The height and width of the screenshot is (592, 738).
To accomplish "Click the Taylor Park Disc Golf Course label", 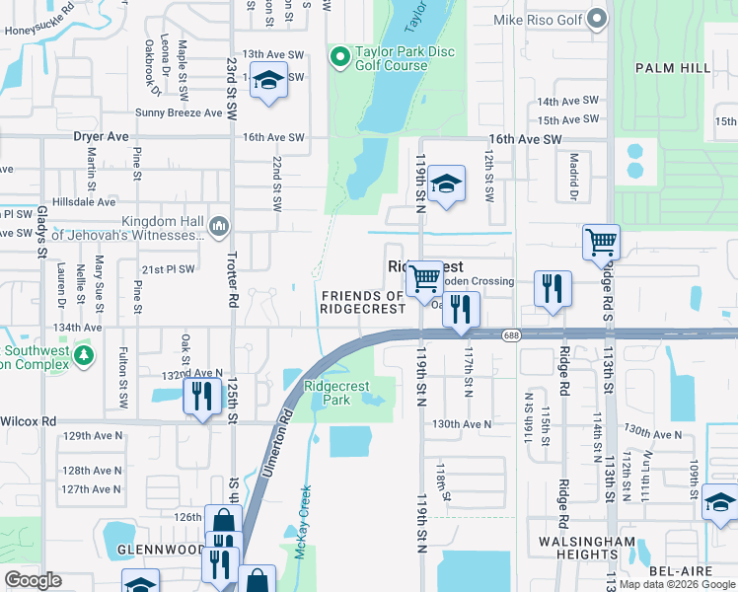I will tap(392, 58).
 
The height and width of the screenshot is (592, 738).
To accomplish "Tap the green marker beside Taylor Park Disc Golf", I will tap(340, 56).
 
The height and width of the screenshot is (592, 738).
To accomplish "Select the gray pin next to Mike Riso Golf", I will tap(596, 19).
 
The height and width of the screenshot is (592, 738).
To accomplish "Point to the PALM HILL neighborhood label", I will tap(673, 68).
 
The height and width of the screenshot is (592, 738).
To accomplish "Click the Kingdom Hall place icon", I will tap(219, 229).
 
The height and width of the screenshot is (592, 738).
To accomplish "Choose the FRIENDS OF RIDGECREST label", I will tap(362, 302).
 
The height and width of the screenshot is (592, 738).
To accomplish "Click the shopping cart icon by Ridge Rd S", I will tap(600, 241).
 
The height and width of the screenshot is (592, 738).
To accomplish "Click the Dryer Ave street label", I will tap(101, 137).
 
